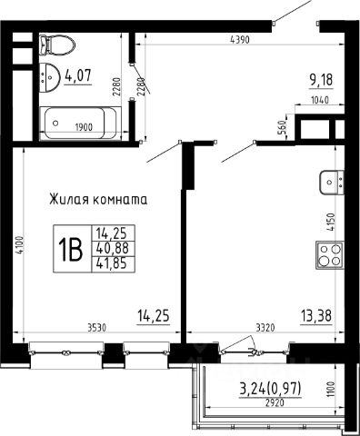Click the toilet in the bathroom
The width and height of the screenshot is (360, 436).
(57, 45)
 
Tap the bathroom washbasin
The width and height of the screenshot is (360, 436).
(49, 77)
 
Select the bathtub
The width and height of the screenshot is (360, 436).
(81, 124)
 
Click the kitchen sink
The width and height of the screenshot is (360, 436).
(332, 182)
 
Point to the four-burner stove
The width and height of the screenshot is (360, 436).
(330, 255)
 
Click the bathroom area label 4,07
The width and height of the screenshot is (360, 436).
(77, 75)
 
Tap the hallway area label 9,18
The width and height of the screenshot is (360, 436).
(321, 80)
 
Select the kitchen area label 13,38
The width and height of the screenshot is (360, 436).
(316, 316)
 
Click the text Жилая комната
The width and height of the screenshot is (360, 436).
(98, 200)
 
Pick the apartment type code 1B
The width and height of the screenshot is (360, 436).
(71, 249)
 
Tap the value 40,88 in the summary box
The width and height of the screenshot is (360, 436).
(113, 248)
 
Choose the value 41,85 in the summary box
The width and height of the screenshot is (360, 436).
(113, 263)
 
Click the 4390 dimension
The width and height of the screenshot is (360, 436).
(240, 40)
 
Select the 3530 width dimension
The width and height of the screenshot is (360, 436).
(96, 328)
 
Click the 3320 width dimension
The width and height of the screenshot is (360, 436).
(265, 328)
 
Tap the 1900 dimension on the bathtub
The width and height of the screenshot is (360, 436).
(84, 127)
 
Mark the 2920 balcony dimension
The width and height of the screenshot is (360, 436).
(275, 403)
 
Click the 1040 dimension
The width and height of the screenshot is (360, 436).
(320, 100)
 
